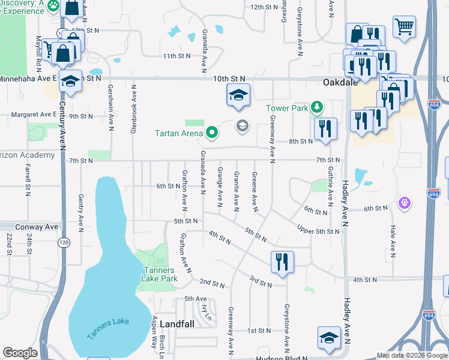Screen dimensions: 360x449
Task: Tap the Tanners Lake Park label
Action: click(160, 274)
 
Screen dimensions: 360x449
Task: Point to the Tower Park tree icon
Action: click(316, 108)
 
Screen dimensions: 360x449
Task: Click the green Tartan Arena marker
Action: click(211, 133)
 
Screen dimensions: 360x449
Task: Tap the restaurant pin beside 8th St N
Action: click(325, 128)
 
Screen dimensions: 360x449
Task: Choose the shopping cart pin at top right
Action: click(405, 26)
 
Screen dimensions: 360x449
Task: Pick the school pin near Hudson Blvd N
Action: click(329, 337)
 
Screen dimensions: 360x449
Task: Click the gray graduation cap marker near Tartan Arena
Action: click(243, 125)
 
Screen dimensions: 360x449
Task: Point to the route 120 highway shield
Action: click(63, 242)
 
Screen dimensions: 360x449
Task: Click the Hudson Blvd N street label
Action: click(281, 358)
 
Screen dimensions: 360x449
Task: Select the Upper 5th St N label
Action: click(319, 231)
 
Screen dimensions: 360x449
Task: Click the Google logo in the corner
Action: click(20, 353)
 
